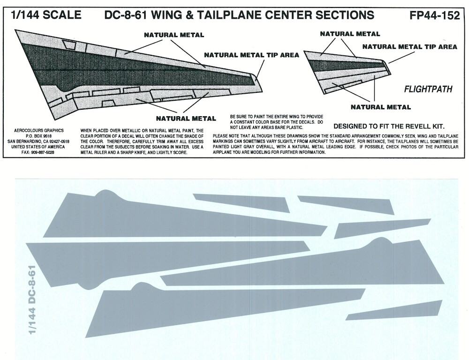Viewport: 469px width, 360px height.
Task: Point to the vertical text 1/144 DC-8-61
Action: point(32,300)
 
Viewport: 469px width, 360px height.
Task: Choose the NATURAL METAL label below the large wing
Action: point(186,118)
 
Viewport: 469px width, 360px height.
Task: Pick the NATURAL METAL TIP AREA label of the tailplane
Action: point(409,47)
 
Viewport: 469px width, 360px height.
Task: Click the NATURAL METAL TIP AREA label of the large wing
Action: point(251,55)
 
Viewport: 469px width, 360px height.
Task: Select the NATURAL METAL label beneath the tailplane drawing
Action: point(380,107)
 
